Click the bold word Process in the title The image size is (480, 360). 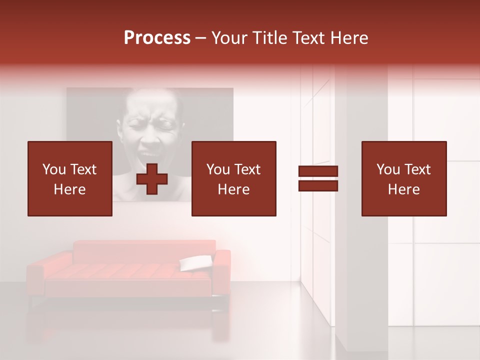(x=157, y=38)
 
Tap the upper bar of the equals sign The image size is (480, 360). (x=318, y=171)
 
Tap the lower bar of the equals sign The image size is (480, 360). (x=318, y=186)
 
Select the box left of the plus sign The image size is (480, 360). (x=69, y=179)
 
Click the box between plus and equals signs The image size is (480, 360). (x=233, y=179)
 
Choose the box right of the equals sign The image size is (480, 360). (x=403, y=179)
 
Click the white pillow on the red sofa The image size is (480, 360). (x=195, y=262)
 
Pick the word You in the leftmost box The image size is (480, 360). (x=54, y=169)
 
